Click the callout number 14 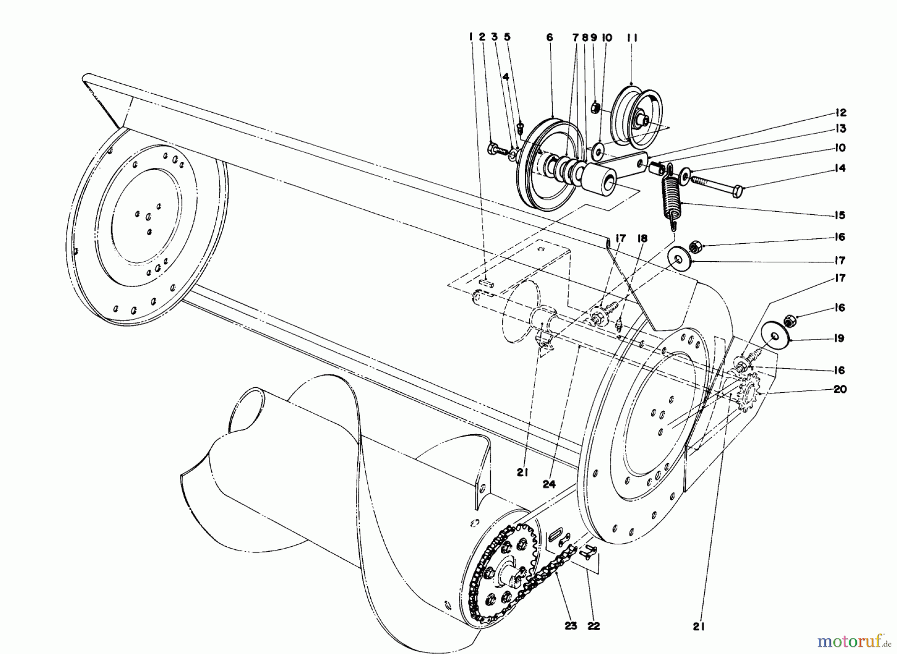pos(840,168)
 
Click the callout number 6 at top pos(550,37)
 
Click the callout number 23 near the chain pos(571,626)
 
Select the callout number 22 pos(594,626)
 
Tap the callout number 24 pos(549,484)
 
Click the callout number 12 pos(841,113)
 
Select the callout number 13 pos(841,129)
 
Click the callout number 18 pos(642,239)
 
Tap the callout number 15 pos(840,215)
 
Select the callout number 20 pos(840,389)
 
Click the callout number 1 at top pos(470,37)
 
